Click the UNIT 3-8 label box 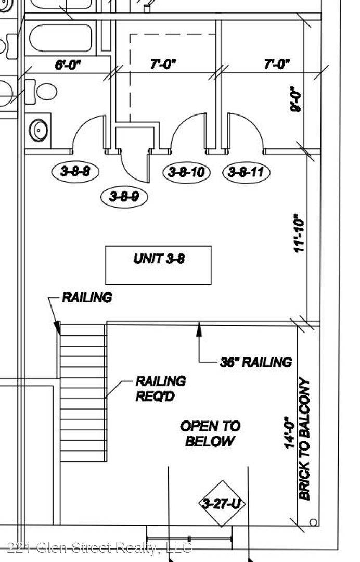(x=158, y=265)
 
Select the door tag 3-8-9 (x=124, y=196)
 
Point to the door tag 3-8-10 (x=186, y=172)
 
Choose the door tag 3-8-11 (x=247, y=172)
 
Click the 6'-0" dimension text (x=68, y=65)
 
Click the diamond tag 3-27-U (x=222, y=504)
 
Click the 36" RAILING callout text (x=256, y=362)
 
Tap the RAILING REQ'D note (x=160, y=389)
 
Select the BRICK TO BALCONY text (x=304, y=438)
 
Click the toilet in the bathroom (x=41, y=92)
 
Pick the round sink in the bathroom (x=38, y=130)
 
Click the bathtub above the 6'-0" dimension (x=60, y=38)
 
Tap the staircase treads (x=83, y=392)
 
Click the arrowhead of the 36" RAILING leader (x=199, y=328)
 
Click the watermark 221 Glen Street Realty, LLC (x=99, y=547)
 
